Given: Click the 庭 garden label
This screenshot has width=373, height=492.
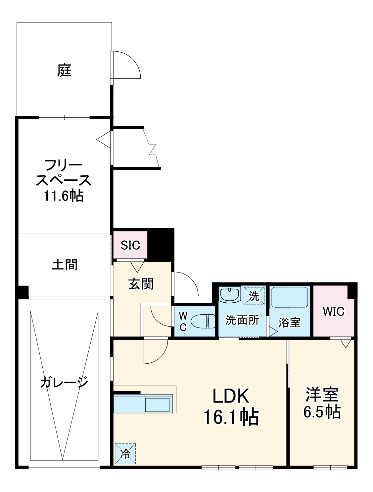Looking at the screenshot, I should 64,70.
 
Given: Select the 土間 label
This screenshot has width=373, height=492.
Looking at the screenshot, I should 65,265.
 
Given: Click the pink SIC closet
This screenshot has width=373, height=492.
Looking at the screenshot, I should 130,245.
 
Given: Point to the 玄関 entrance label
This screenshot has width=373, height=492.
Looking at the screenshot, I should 141,284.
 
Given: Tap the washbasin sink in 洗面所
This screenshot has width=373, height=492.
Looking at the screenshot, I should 229,294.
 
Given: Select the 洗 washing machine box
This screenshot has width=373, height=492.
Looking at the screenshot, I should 254,295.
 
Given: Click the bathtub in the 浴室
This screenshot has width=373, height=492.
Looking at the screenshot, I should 290,297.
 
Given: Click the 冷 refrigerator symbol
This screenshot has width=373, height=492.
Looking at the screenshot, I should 125,454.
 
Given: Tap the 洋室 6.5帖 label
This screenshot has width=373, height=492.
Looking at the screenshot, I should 322,402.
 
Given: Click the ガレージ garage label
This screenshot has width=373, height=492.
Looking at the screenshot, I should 64,382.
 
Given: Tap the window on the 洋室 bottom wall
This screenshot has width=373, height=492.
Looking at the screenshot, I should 330,467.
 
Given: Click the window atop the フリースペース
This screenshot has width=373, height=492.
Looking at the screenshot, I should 64,117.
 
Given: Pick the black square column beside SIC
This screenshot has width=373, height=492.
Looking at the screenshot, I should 161,245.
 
